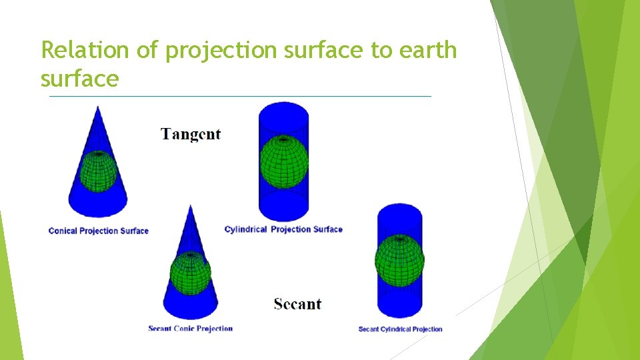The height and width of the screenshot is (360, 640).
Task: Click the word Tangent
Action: pos(191,134)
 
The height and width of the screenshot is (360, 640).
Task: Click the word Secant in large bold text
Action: pos(297,304)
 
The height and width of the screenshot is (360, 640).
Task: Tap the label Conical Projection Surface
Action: pos(98,231)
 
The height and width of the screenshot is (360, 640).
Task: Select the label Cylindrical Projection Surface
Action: pos(283,229)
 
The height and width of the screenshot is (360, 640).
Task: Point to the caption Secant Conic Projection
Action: pos(190,328)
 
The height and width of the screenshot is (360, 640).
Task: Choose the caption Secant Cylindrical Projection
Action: pos(400,329)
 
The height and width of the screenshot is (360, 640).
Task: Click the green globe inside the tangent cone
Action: pos(99,171)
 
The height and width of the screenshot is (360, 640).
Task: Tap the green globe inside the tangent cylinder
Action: pos(284,161)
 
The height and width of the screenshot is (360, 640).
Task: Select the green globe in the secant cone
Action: pos(191,273)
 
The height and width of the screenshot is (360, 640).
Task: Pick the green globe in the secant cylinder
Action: pos(399,261)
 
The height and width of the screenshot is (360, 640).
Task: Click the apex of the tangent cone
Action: pos(98,109)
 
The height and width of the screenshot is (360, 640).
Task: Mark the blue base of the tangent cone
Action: pos(98,203)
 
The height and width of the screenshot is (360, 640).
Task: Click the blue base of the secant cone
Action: pos(191,307)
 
